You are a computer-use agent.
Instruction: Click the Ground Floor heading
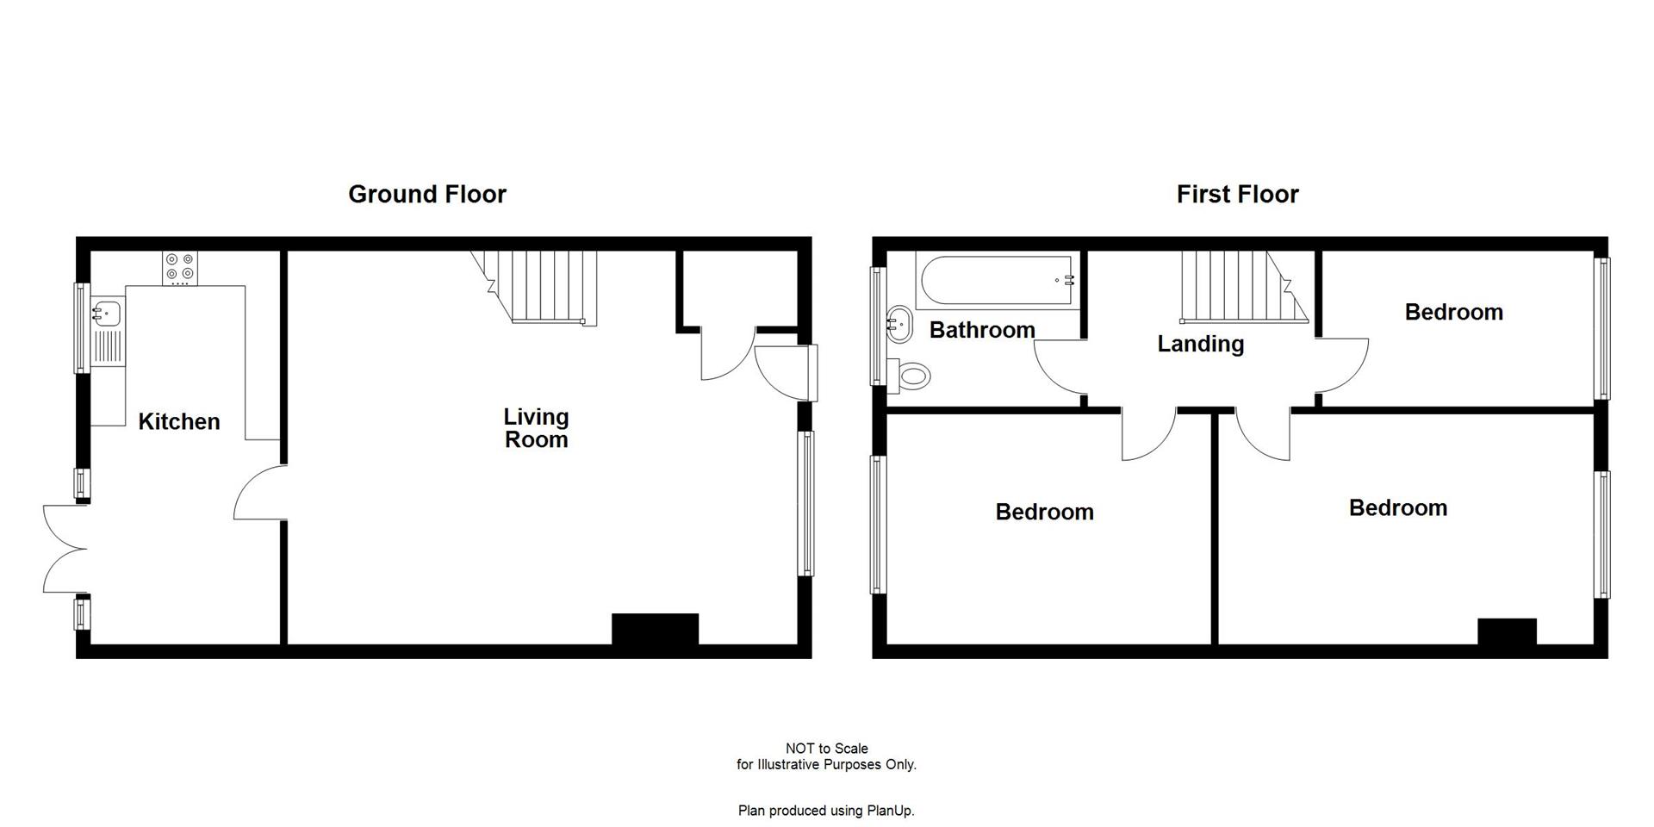(x=426, y=195)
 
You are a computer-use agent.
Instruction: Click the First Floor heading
(x=1237, y=195)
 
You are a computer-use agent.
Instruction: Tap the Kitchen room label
(x=179, y=422)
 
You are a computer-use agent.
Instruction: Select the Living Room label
(x=536, y=428)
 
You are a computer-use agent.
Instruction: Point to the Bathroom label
(x=982, y=330)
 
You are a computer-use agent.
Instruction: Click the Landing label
(x=1200, y=345)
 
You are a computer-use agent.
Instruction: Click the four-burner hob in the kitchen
(x=180, y=268)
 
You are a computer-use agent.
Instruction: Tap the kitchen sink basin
(x=107, y=314)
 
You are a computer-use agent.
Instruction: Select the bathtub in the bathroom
(x=997, y=281)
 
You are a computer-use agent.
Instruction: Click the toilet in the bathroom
(x=911, y=375)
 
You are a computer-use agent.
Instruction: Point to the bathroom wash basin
(x=899, y=323)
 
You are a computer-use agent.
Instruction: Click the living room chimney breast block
(x=655, y=629)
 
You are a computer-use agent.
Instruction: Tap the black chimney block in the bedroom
(x=1507, y=631)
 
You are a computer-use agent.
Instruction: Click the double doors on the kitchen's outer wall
(x=65, y=549)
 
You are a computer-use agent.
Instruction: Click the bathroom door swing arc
(x=1058, y=368)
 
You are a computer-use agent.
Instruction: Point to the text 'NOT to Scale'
(x=826, y=749)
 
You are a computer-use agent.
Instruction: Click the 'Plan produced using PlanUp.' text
(x=826, y=811)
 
